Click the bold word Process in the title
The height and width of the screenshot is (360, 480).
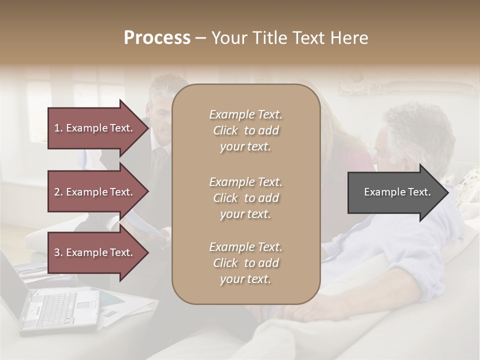[157, 38]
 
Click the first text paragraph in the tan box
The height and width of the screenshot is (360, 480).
[245, 130]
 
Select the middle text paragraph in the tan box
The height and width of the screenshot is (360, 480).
[245, 198]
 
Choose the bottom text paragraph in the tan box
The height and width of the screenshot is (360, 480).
[245, 263]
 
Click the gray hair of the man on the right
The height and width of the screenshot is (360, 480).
[415, 125]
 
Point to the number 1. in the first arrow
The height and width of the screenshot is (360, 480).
[58, 128]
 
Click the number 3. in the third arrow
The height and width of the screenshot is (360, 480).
[58, 252]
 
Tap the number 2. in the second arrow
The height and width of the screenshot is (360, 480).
[58, 192]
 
